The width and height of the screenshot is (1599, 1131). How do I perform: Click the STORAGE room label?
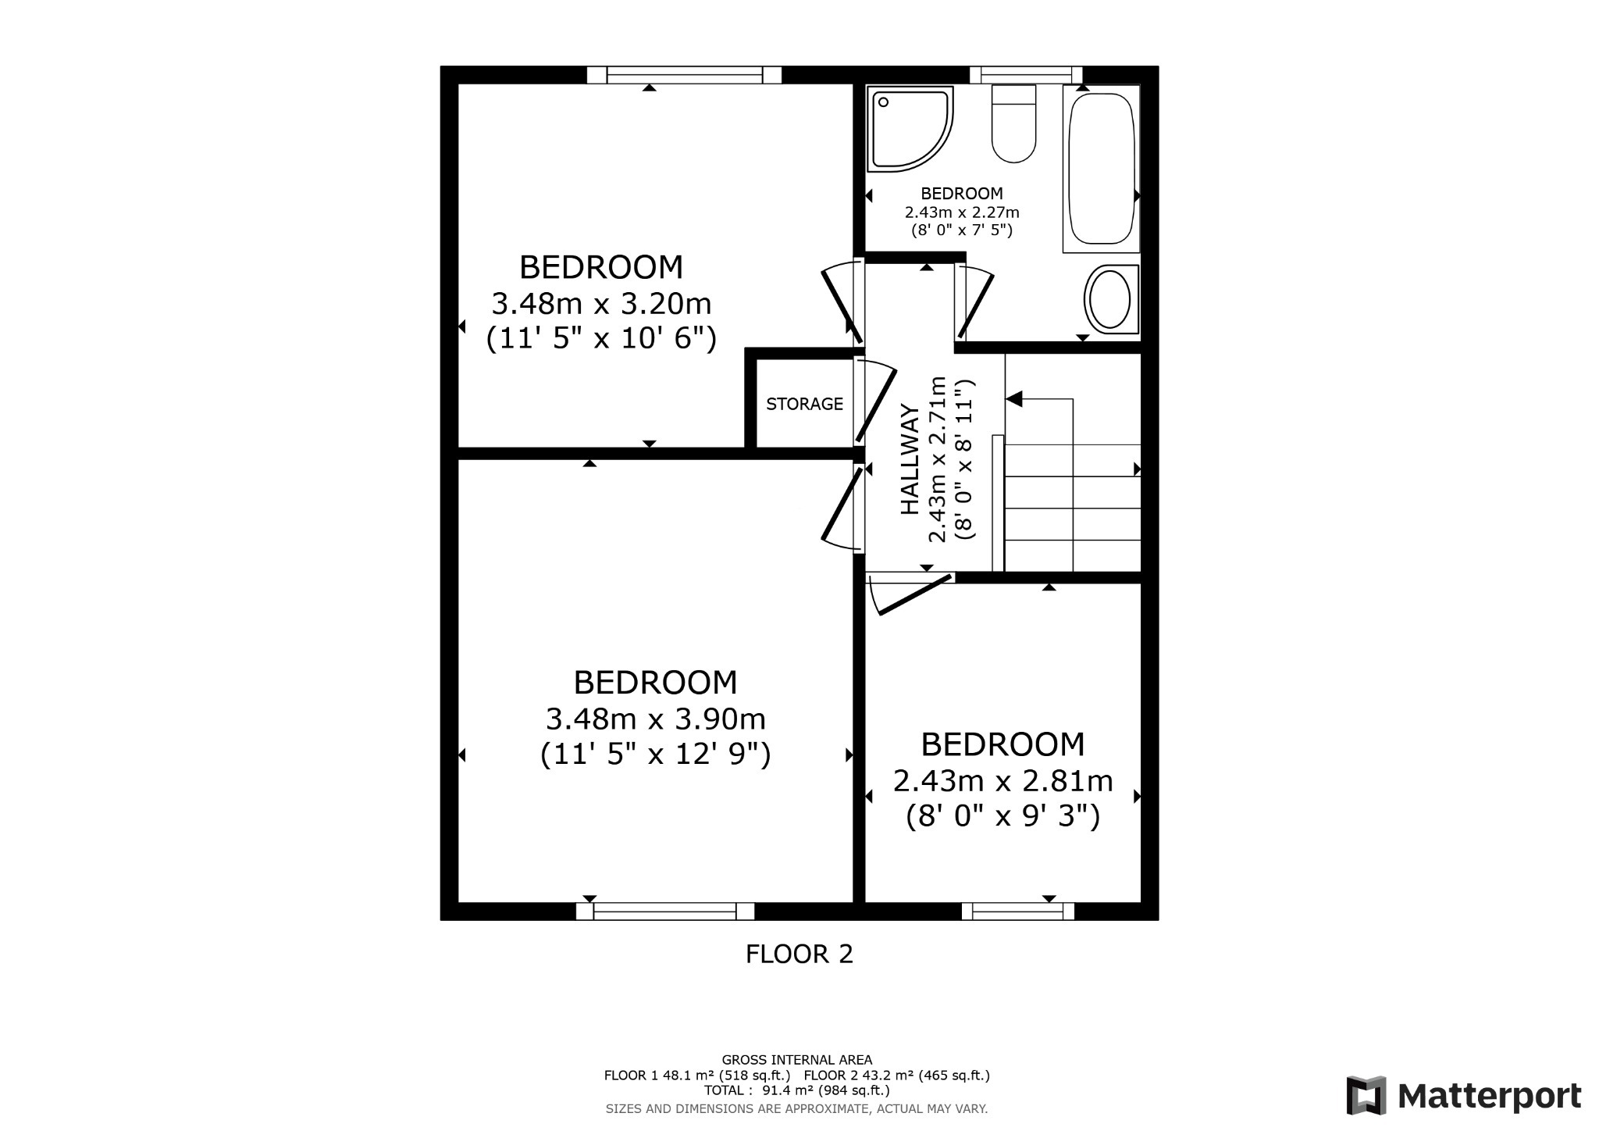pyautogui.click(x=804, y=404)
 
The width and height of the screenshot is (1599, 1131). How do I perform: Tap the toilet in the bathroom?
pyautogui.click(x=1013, y=125)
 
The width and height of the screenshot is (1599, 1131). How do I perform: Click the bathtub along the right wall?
pyautogui.click(x=1101, y=168)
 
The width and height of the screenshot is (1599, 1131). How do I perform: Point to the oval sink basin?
pyautogui.click(x=1109, y=300)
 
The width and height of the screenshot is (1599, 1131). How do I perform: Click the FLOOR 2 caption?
pyautogui.click(x=799, y=954)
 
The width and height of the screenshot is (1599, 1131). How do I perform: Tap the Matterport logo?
pyautogui.click(x=1463, y=1096)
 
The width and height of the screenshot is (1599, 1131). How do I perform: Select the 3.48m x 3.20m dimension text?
pyautogui.click(x=601, y=302)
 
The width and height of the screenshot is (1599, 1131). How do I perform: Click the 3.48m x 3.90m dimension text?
pyautogui.click(x=655, y=718)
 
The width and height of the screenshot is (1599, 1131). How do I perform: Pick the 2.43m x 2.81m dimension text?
pyautogui.click(x=1002, y=780)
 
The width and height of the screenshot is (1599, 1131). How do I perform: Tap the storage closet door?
pyautogui.click(x=874, y=403)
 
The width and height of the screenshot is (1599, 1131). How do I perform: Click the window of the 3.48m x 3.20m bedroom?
pyautogui.click(x=684, y=75)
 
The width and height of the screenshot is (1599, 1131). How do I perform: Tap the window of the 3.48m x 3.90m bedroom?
pyautogui.click(x=664, y=911)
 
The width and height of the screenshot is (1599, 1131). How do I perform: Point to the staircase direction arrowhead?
pyautogui.click(x=1014, y=399)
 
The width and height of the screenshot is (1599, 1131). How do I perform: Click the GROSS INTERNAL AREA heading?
pyautogui.click(x=796, y=1060)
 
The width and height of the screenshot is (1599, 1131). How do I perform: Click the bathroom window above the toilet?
pyautogui.click(x=1025, y=75)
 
